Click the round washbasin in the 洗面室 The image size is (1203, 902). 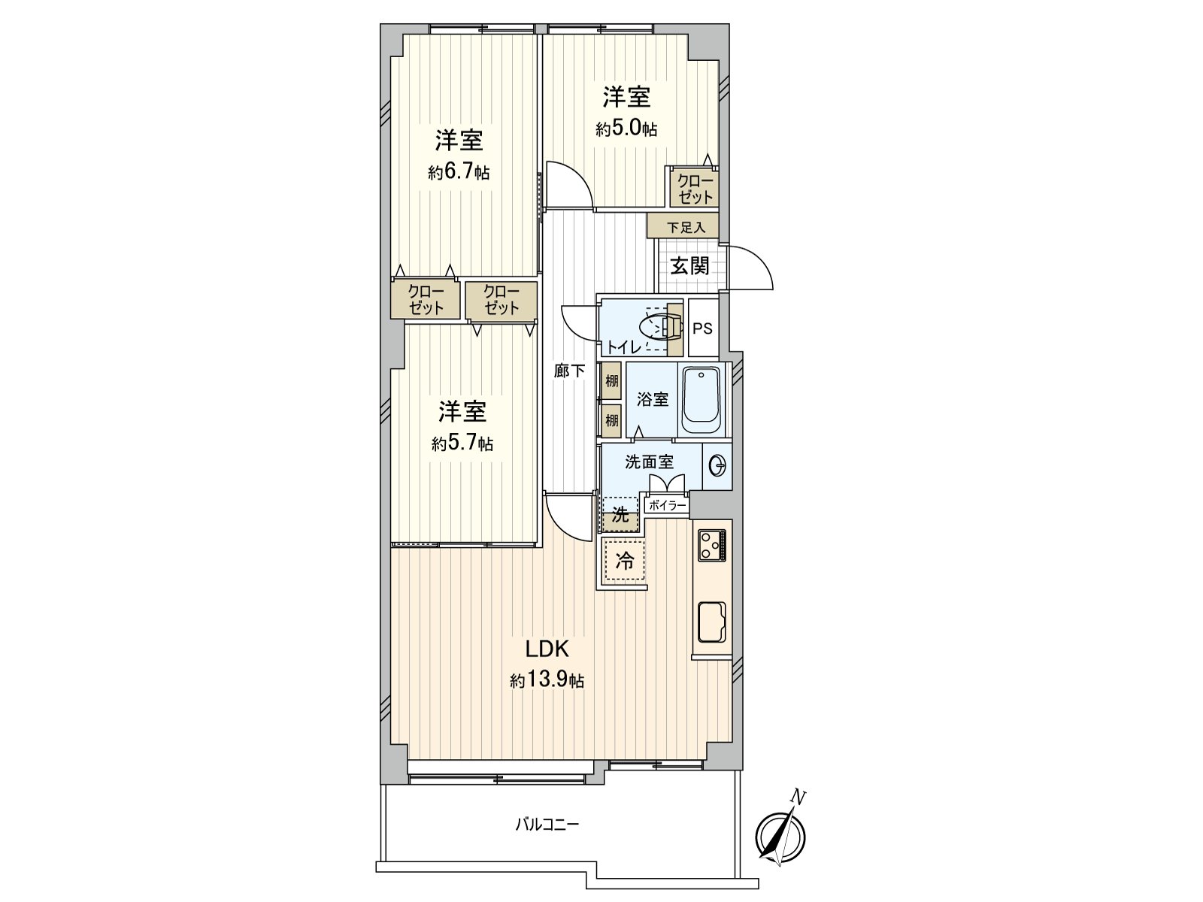pyautogui.click(x=717, y=467)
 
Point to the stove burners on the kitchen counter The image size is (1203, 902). pyautogui.click(x=711, y=544)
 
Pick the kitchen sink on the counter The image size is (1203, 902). pyautogui.click(x=711, y=622)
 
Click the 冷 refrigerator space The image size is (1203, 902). pyautogui.click(x=624, y=561)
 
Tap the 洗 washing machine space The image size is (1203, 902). pyautogui.click(x=620, y=515)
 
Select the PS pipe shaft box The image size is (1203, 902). pyautogui.click(x=703, y=328)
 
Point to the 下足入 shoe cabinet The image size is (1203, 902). pyautogui.click(x=682, y=225)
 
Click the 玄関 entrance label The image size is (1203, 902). pyautogui.click(x=689, y=265)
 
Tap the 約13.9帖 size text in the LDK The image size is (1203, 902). pyautogui.click(x=547, y=682)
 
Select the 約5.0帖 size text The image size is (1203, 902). pyautogui.click(x=626, y=129)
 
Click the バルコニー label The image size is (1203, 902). pyautogui.click(x=547, y=825)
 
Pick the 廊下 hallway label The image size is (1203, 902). pyautogui.click(x=569, y=371)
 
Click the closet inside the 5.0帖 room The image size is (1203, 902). pyautogui.click(x=695, y=187)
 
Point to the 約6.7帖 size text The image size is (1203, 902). pyautogui.click(x=459, y=173)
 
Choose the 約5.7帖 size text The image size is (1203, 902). pyautogui.click(x=462, y=443)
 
